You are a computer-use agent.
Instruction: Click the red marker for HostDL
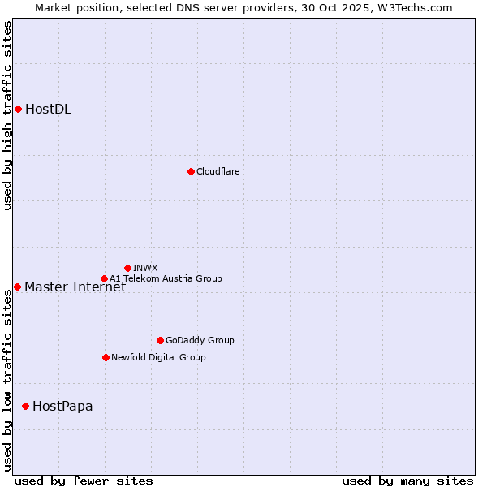pyautogui.click(x=18, y=109)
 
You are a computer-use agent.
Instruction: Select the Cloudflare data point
pyautogui.click(x=191, y=171)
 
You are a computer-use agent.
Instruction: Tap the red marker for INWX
pyautogui.click(x=127, y=268)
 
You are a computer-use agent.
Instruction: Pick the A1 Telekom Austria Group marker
pyautogui.click(x=104, y=278)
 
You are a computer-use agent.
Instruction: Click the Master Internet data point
pyautogui.click(x=17, y=287)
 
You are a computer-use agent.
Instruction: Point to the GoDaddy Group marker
pyautogui.click(x=160, y=340)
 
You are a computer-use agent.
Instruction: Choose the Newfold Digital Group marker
pyautogui.click(x=106, y=357)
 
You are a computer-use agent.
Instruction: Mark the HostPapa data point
pyautogui.click(x=26, y=406)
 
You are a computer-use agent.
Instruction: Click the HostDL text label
pyautogui.click(x=49, y=110)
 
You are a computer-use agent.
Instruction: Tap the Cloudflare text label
pyautogui.click(x=218, y=171)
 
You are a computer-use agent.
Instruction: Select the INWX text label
pyautogui.click(x=145, y=268)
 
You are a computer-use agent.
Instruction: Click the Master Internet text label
pyautogui.click(x=75, y=287)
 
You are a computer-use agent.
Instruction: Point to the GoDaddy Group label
pyautogui.click(x=200, y=340)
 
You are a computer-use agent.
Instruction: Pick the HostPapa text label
pyautogui.click(x=62, y=407)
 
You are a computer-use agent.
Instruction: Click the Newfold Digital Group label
pyautogui.click(x=158, y=357)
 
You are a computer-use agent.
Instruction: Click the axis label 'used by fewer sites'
pyautogui.click(x=84, y=481)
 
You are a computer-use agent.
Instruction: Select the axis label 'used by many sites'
pyautogui.click(x=407, y=481)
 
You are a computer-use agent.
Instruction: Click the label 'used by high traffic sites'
pyautogui.click(x=8, y=116)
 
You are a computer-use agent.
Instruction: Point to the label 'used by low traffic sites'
pyautogui.click(x=8, y=380)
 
